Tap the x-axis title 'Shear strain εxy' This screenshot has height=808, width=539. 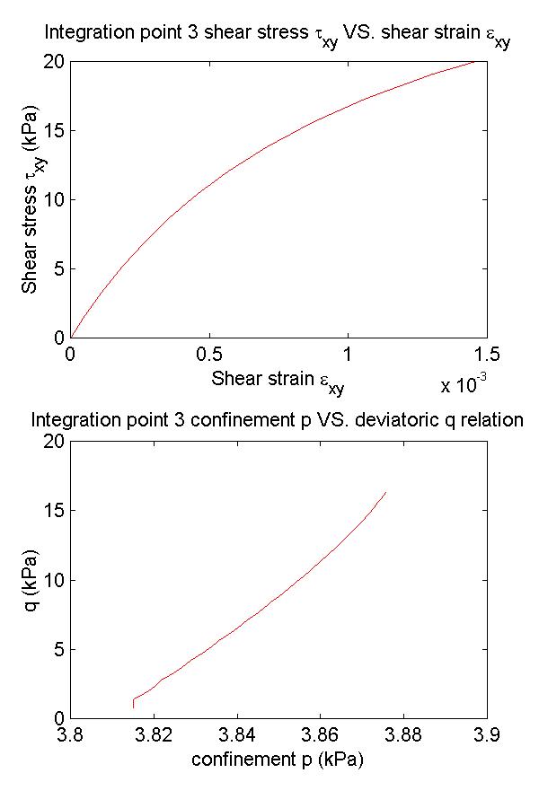pyautogui.click(x=278, y=380)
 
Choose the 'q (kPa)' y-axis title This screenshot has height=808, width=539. pyautogui.click(x=33, y=579)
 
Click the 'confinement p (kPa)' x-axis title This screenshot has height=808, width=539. pyautogui.click(x=278, y=760)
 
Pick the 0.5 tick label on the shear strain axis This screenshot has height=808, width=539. pyautogui.click(x=209, y=356)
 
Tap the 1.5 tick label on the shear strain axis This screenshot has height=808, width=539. pyautogui.click(x=487, y=356)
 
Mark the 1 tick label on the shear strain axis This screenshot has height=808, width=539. pyautogui.click(x=349, y=356)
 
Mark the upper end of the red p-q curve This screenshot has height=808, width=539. pyautogui.click(x=386, y=492)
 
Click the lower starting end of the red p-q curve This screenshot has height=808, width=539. pyautogui.click(x=133, y=707)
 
